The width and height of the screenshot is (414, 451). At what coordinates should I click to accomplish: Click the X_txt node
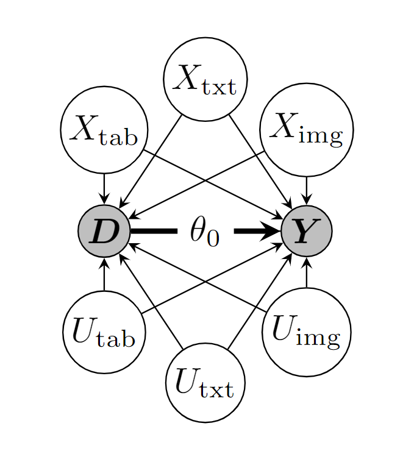pyautogui.click(x=205, y=79)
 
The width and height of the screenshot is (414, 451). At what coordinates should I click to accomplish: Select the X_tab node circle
pyautogui.click(x=104, y=130)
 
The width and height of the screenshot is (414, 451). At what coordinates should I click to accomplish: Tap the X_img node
pyautogui.click(x=306, y=130)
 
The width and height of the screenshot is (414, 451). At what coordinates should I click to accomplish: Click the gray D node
pyautogui.click(x=104, y=232)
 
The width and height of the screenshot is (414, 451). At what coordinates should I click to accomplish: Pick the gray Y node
pyautogui.click(x=306, y=232)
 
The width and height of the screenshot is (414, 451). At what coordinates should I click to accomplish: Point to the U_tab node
pyautogui.click(x=104, y=332)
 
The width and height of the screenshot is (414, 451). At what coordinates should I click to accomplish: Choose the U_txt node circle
pyautogui.click(x=205, y=383)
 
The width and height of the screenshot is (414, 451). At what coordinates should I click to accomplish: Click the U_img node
pyautogui.click(x=306, y=332)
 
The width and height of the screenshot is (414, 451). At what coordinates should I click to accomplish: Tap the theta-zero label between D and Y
pyautogui.click(x=204, y=232)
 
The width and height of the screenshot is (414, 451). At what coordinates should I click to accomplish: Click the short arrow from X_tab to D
pyautogui.click(x=104, y=189)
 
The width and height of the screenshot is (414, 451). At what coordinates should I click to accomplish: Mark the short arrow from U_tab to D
pyautogui.click(x=104, y=274)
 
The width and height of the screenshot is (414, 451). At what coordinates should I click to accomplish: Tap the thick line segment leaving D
pyautogui.click(x=152, y=232)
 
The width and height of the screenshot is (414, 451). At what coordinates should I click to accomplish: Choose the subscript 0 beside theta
pyautogui.click(x=212, y=238)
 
